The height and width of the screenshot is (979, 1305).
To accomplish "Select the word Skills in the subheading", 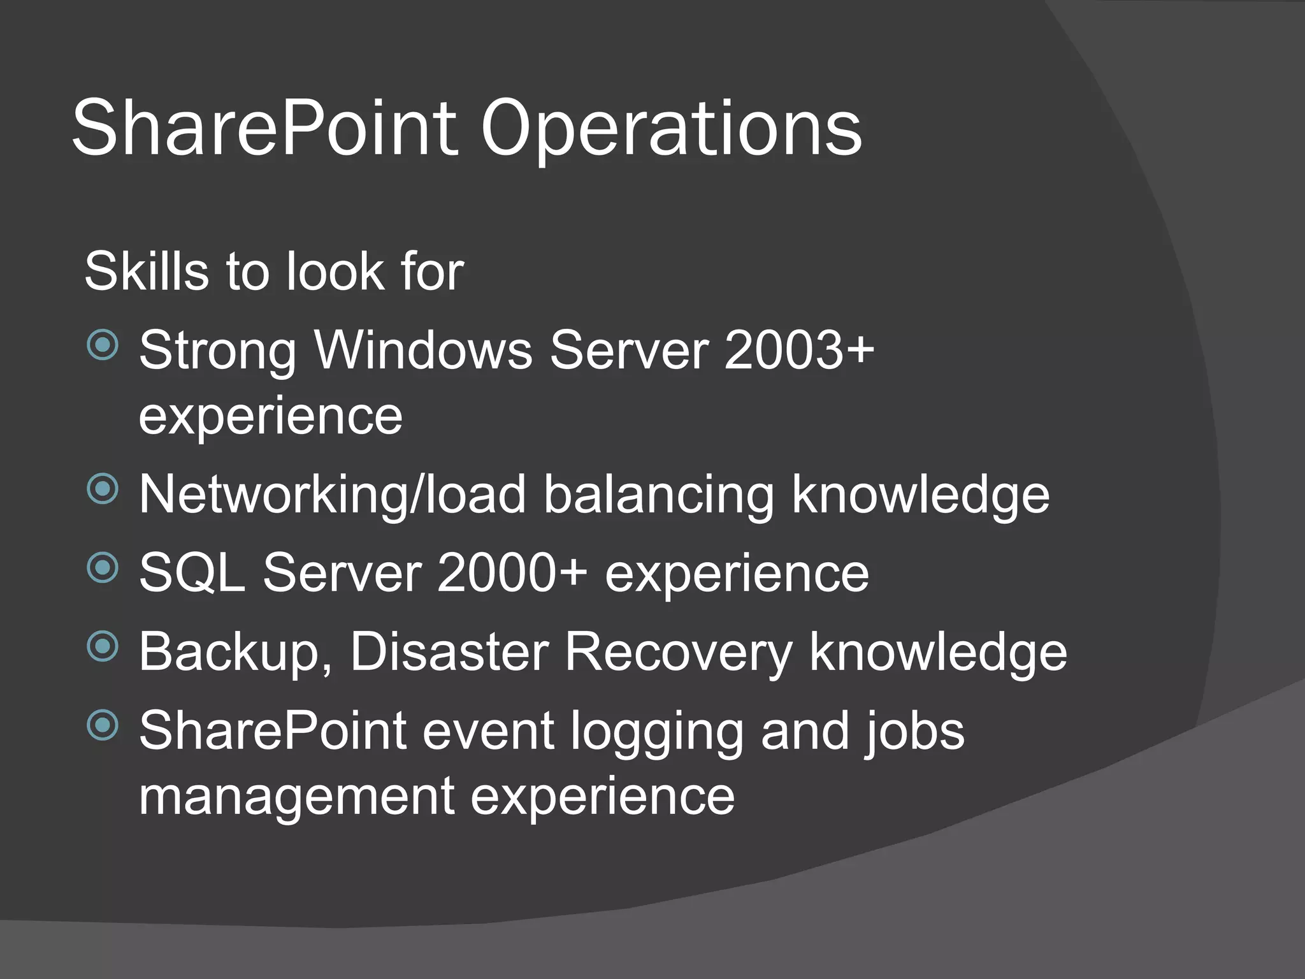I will [146, 272].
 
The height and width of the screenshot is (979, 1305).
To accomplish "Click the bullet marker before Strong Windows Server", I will [103, 345].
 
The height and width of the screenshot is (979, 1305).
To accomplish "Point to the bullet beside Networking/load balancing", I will [103, 489].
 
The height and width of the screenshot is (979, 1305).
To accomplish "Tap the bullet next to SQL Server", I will [103, 567].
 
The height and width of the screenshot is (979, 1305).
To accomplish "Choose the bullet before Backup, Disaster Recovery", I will [103, 646].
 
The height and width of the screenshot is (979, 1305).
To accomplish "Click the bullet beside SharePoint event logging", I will [103, 725].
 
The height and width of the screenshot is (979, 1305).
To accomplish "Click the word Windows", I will [423, 350].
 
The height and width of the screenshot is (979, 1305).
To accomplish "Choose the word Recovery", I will [678, 653].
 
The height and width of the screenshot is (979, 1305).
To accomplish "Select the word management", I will [296, 797].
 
